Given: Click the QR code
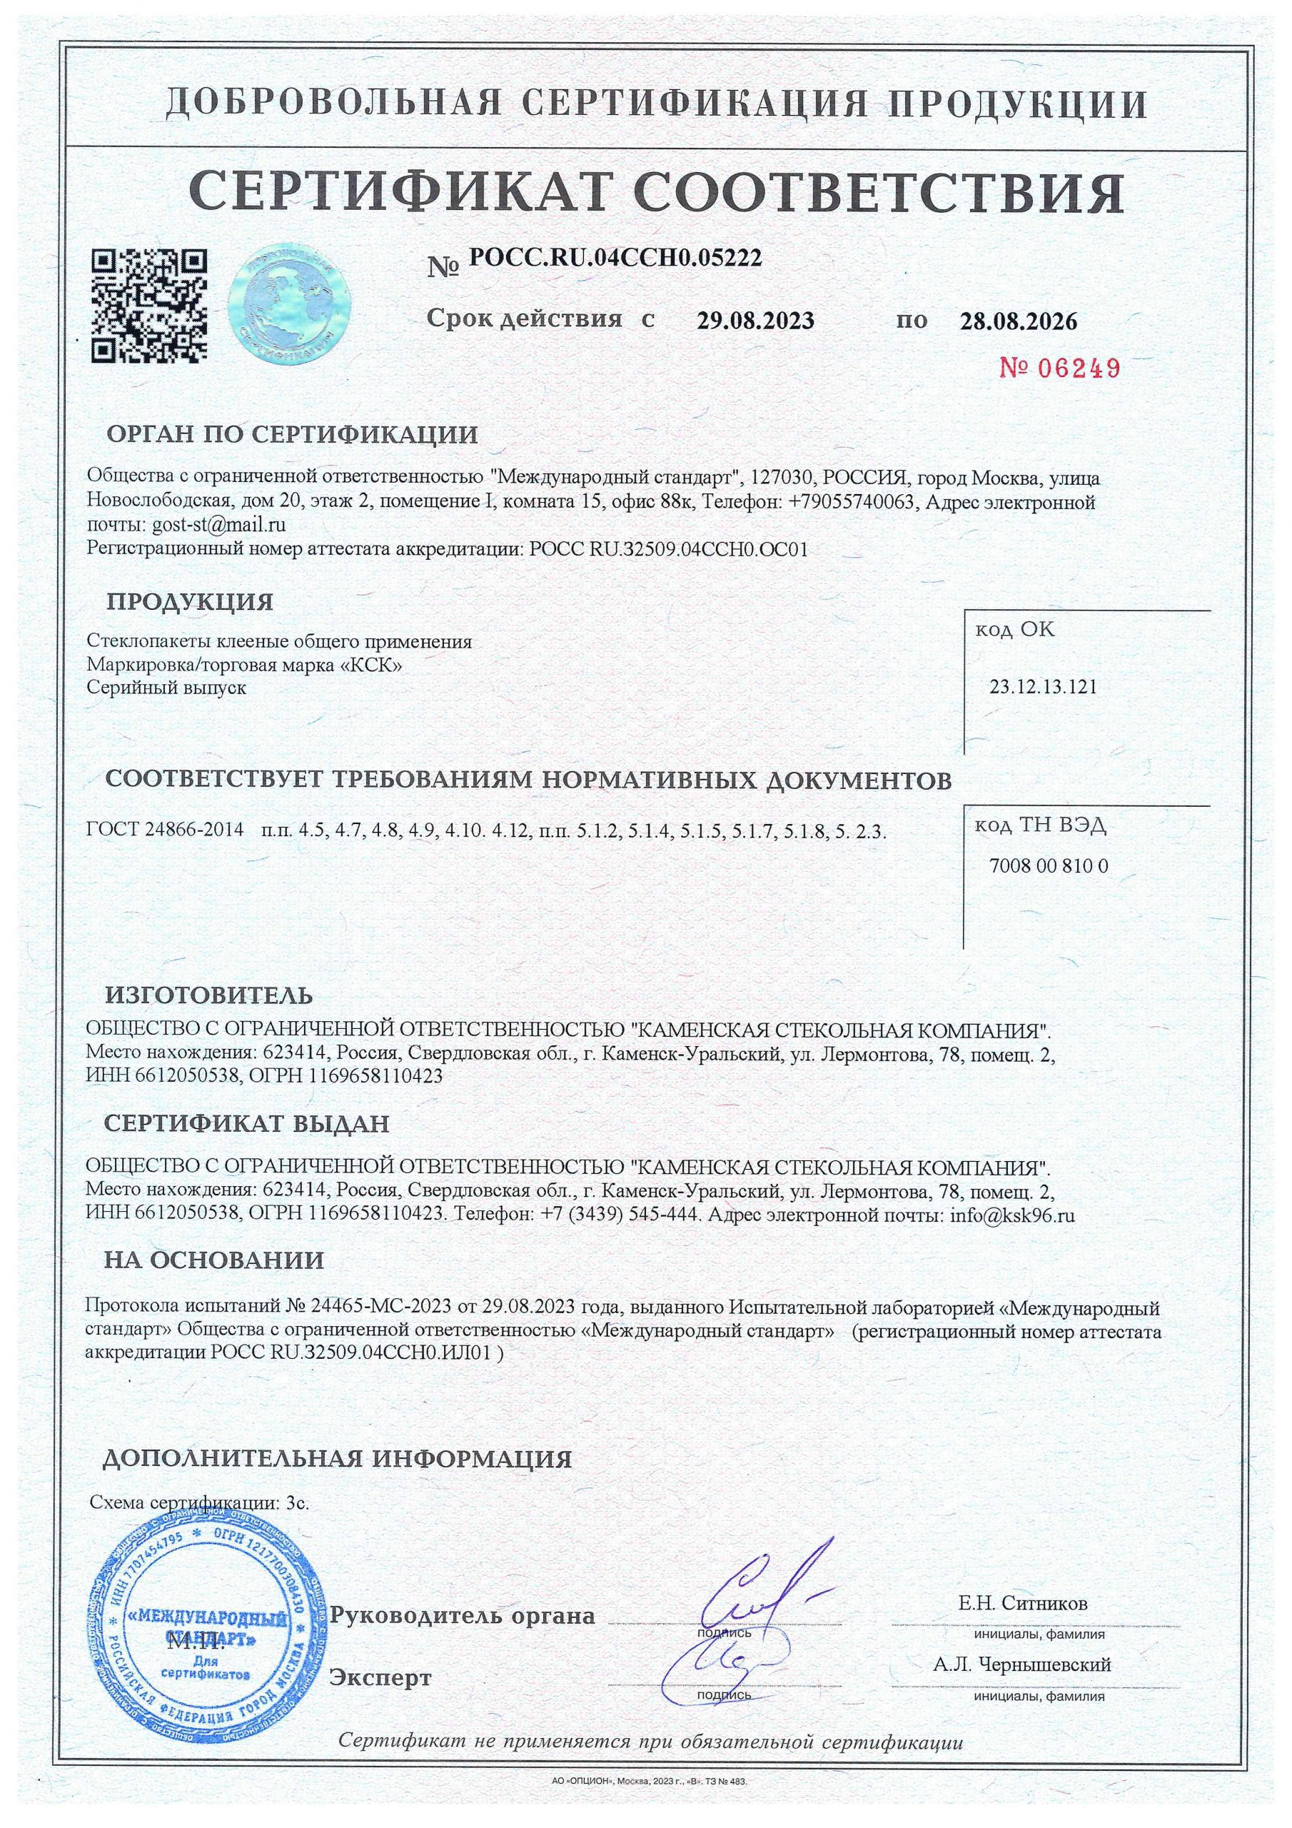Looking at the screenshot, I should pyautogui.click(x=151, y=307).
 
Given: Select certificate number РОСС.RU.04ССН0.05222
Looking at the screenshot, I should pyautogui.click(x=615, y=257).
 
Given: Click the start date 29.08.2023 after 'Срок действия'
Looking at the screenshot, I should pyautogui.click(x=755, y=321).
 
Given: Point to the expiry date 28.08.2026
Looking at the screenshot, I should pyautogui.click(x=1018, y=321).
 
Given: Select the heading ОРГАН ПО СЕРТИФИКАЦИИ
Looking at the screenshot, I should pyautogui.click(x=292, y=436).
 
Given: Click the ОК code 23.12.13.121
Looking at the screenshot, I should pyautogui.click(x=1043, y=686).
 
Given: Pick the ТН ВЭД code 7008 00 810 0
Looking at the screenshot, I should pyautogui.click(x=1049, y=865).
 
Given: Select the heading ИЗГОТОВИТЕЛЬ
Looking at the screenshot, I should pyautogui.click(x=209, y=995).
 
